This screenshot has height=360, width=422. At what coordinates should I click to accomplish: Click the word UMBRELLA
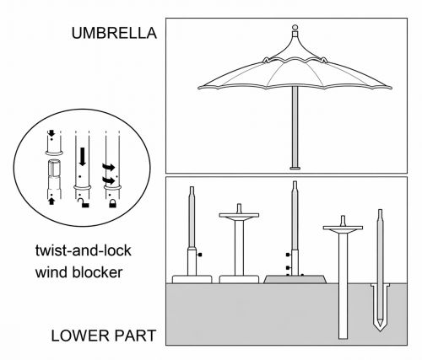114,33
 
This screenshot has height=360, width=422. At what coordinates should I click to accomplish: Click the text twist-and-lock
84,250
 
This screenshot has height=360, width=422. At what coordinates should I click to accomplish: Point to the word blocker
97,272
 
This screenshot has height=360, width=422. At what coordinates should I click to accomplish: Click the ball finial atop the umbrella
295,28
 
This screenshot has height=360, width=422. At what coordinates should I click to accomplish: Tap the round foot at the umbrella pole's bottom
295,169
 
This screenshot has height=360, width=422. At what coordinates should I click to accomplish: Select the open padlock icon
84,202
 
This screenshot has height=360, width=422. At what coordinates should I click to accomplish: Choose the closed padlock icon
113,203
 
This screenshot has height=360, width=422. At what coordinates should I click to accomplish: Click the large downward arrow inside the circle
83,157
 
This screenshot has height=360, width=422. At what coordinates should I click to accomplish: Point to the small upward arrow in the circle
51,201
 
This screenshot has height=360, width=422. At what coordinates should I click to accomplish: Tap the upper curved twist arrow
109,167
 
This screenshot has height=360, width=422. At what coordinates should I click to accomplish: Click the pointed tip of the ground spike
380,331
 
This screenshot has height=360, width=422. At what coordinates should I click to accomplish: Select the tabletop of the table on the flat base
239,215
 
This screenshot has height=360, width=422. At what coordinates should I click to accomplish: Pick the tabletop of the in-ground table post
343,228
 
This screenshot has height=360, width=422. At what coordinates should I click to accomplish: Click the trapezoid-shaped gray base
295,279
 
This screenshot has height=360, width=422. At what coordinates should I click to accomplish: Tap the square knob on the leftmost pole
200,255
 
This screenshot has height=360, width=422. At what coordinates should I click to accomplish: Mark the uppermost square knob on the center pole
288,255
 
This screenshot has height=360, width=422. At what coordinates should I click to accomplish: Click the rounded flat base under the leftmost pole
192,279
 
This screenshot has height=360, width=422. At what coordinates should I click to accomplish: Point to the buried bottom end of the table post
343,337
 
